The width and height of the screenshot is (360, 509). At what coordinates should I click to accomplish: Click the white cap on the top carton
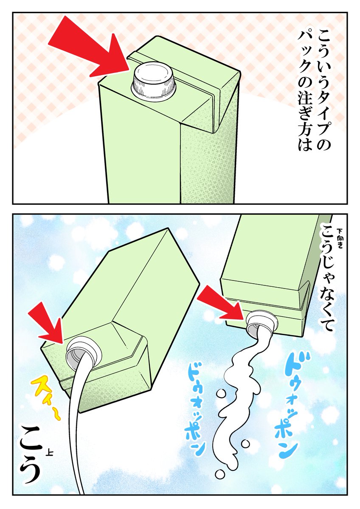pos(154,81)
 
